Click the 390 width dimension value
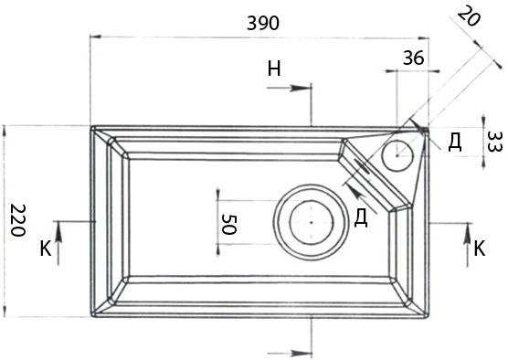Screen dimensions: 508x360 coord(263,24)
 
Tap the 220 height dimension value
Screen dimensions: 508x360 coord(17,220)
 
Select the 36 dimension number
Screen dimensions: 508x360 coord(413,58)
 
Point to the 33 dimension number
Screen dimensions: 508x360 coord(493,142)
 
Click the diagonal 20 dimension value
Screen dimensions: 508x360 coord(469,16)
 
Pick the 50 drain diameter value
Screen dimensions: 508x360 coord(229,224)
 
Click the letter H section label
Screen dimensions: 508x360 coord(274,69)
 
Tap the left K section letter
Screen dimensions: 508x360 coord(46,249)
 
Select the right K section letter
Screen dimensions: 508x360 coord(480,249)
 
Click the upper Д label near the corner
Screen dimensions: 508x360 coord(454,143)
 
